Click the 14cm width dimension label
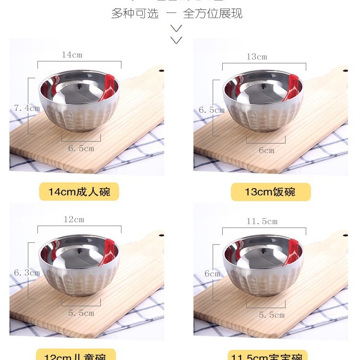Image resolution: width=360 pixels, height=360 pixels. tap(72, 55)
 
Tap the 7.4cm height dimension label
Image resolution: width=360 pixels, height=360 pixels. tap(27, 108)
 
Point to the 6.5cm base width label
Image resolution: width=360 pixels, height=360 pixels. tap(81, 148)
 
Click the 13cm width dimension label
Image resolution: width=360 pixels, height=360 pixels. tap(257, 57)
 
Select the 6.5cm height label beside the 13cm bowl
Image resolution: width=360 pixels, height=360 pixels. tap(212, 110)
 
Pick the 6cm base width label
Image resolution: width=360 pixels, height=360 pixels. tap(266, 150)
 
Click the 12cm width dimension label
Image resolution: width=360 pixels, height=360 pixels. tap(74, 219)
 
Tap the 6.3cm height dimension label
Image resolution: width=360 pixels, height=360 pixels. tap(27, 273)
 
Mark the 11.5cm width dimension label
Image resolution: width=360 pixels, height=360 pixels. tap(262, 221)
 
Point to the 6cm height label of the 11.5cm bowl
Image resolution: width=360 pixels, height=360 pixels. tap(212, 274)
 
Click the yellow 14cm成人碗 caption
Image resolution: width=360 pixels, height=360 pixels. tap(79, 192)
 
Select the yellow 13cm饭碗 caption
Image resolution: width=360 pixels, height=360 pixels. tap(270, 192)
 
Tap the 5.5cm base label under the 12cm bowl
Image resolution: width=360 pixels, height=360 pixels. tap(81, 313)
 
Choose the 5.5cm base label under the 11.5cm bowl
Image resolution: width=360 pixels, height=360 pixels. tap(272, 315)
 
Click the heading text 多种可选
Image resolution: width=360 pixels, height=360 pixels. tap(135, 13)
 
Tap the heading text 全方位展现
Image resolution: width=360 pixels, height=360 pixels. tap(213, 13)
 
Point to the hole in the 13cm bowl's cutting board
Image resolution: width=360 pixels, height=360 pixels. tap(345, 72)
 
